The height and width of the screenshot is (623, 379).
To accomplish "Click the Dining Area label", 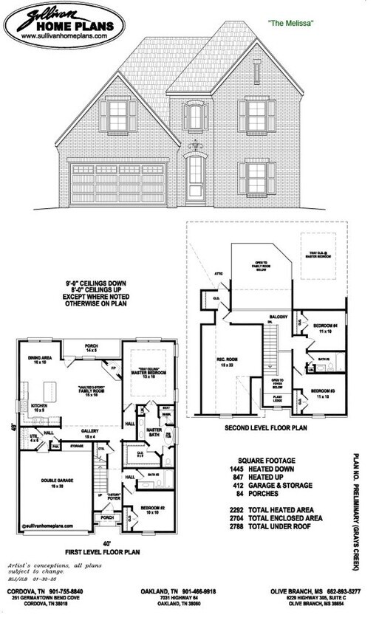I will coord(39,359).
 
